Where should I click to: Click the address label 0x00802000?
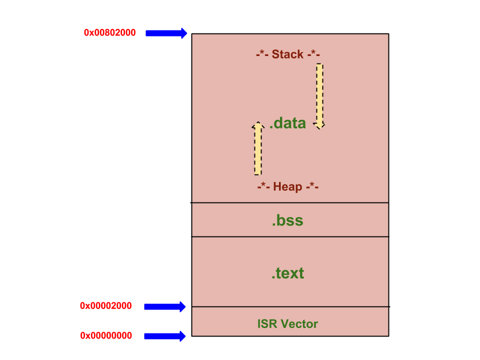click(109, 33)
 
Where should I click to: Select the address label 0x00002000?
click(105, 306)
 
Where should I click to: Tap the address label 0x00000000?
click(106, 335)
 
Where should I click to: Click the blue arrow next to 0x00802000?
click(166, 33)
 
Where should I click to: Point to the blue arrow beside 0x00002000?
click(164, 306)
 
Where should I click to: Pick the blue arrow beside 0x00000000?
click(164, 336)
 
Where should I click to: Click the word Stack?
click(287, 54)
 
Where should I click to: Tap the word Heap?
click(287, 186)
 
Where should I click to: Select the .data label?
click(287, 123)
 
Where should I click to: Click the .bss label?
click(287, 220)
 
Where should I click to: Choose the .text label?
click(288, 273)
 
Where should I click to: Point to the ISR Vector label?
click(287, 324)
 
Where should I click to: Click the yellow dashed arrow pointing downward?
click(319, 96)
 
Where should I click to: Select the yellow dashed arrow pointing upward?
click(258, 148)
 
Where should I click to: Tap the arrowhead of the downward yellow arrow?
click(319, 126)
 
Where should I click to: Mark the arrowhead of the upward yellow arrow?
click(258, 125)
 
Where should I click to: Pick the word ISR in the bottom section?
click(267, 324)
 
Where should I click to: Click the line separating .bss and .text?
click(290, 236)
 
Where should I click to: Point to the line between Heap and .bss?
click(289, 202)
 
